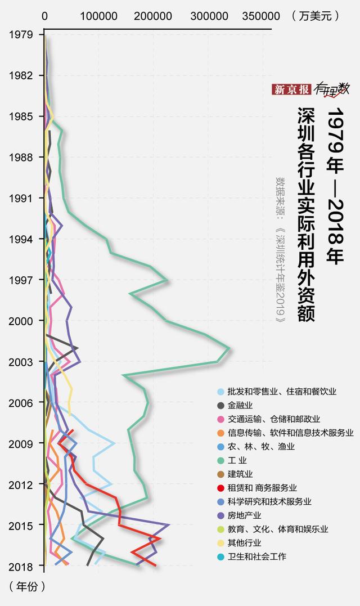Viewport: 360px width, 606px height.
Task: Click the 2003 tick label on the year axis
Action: click(x=20, y=361)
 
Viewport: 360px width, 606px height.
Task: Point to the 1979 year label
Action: click(x=20, y=34)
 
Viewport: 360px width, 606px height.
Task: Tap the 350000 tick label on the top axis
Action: click(x=260, y=16)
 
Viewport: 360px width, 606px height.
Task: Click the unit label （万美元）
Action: click(x=317, y=16)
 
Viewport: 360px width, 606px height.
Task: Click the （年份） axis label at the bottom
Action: click(x=27, y=586)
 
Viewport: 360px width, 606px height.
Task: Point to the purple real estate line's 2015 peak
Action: click(x=169, y=524)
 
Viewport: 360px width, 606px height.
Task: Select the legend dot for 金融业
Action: click(x=222, y=405)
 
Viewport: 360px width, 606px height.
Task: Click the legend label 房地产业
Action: click(x=245, y=515)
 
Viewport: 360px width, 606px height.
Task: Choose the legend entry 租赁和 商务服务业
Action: click(x=262, y=488)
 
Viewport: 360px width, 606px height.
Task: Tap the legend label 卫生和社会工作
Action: click(x=257, y=556)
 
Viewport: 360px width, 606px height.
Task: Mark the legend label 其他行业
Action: click(x=245, y=543)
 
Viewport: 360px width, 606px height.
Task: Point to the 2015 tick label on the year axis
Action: click(x=20, y=525)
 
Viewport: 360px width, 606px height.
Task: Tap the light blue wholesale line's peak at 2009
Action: click(x=115, y=443)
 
